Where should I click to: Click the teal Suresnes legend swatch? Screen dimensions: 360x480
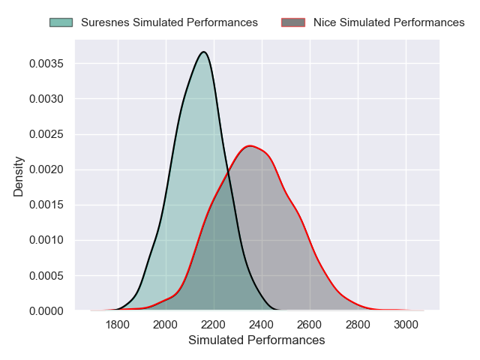[x=61, y=22]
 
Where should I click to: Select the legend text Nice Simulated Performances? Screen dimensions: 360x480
[x=388, y=22]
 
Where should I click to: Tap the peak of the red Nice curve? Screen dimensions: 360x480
[x=250, y=145]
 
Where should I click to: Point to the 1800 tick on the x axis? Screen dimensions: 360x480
[x=118, y=325]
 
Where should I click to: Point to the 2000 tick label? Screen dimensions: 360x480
[x=166, y=325]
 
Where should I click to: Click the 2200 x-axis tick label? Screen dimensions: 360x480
[x=214, y=325]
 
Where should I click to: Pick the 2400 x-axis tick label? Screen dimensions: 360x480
[x=262, y=325]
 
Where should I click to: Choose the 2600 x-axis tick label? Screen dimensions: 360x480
[x=310, y=325]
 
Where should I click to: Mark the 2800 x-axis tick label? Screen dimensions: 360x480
[x=358, y=325]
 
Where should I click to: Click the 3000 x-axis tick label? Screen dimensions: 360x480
[x=406, y=325]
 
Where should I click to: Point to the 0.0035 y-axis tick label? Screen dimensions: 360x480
[x=46, y=64]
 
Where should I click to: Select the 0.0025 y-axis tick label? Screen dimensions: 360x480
[x=46, y=134]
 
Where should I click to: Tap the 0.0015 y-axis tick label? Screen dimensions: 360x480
[x=46, y=205]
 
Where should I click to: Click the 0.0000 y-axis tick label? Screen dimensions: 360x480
[x=46, y=310]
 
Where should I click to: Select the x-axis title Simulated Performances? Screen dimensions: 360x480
[x=256, y=340]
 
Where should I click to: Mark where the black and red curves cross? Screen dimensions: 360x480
[x=226, y=172]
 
